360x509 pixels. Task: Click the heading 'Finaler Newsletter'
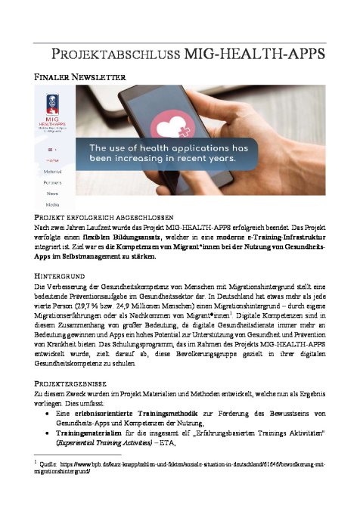79,76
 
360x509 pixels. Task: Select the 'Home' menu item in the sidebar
52,161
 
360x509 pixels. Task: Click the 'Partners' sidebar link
52,183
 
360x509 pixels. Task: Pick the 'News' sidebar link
52,194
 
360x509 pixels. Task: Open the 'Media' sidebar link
52,204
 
